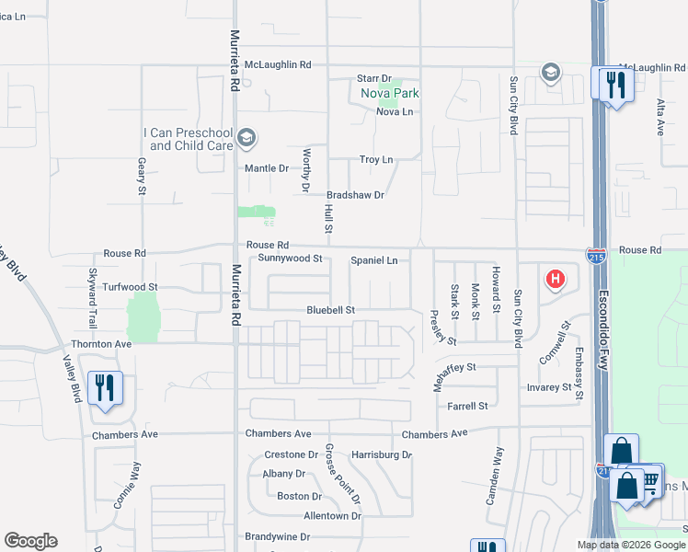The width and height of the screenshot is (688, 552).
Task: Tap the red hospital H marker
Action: pyautogui.click(x=555, y=279)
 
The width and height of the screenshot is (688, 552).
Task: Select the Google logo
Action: pyautogui.click(x=30, y=541)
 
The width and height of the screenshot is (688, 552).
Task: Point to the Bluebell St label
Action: pyautogui.click(x=331, y=311)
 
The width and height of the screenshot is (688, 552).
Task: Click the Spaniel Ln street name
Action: pyautogui.click(x=374, y=260)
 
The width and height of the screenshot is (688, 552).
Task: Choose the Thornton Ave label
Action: pyautogui.click(x=102, y=344)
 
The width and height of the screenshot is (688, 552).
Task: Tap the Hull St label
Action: pyautogui.click(x=327, y=218)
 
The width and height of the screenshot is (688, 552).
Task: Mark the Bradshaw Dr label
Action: pyautogui.click(x=355, y=195)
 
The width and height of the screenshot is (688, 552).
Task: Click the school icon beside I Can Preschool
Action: pyautogui.click(x=246, y=139)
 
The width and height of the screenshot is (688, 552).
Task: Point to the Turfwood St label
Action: pyautogui.click(x=131, y=287)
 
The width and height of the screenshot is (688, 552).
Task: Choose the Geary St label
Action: pyautogui.click(x=142, y=176)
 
